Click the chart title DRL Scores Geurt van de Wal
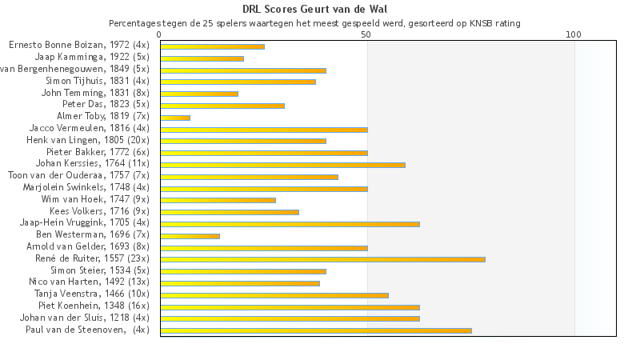coord(316,10)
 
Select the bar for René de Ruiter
coord(322,259)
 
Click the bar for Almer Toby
coord(175,118)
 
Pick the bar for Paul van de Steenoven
coord(316,330)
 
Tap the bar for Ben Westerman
coord(190,236)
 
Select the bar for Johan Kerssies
coord(282,165)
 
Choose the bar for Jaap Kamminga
coord(202,58)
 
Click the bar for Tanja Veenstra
coord(274,294)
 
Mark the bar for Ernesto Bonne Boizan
coord(212,46)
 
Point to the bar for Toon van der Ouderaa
coord(249,177)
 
